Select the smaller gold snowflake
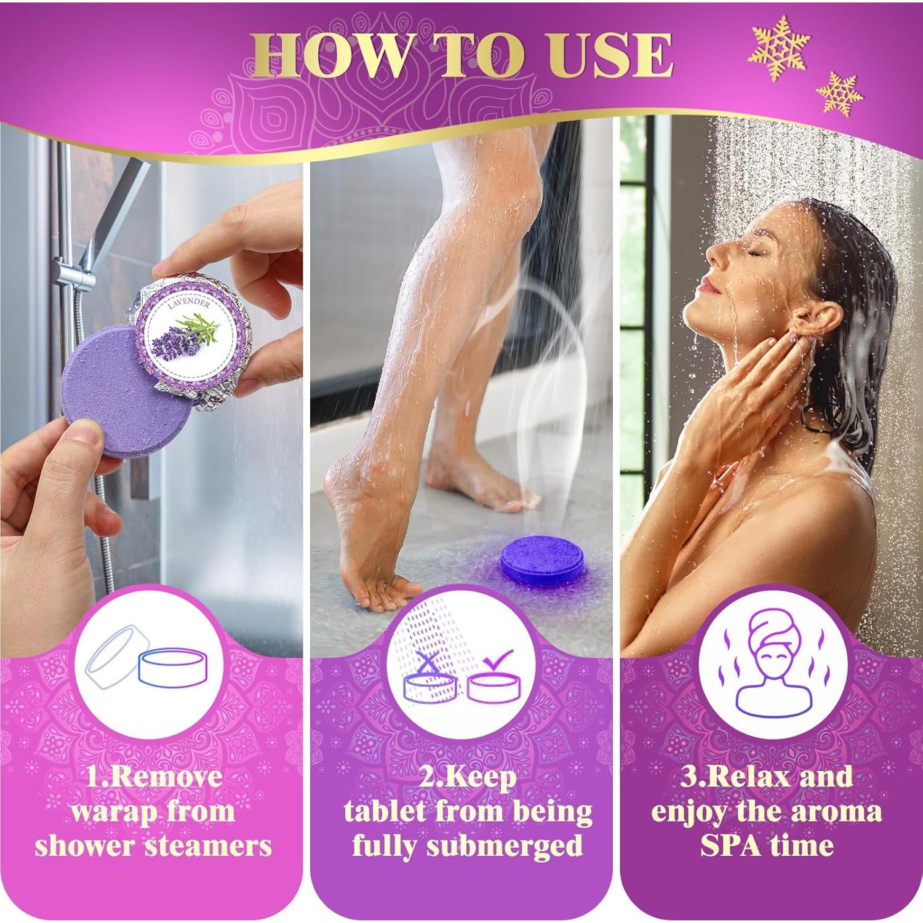[x=839, y=94]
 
